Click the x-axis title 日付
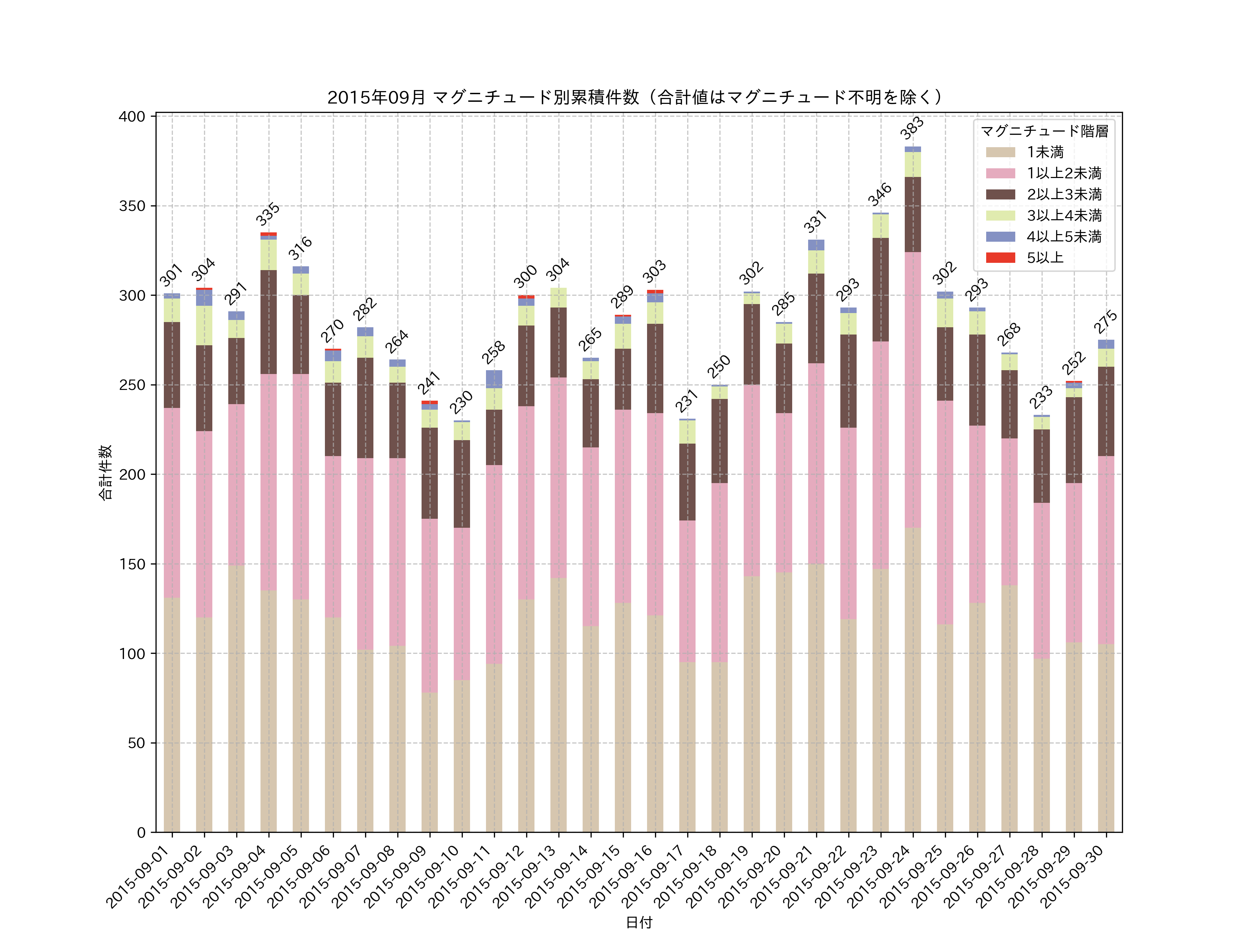pyautogui.click(x=639, y=922)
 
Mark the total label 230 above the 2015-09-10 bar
pyautogui.click(x=461, y=402)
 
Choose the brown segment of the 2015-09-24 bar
pyautogui.click(x=913, y=214)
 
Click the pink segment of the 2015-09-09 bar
pyautogui.click(x=430, y=605)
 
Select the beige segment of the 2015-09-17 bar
pyautogui.click(x=687, y=747)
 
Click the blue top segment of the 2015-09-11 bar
pyautogui.click(x=494, y=379)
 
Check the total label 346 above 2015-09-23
pyautogui.click(x=879, y=194)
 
